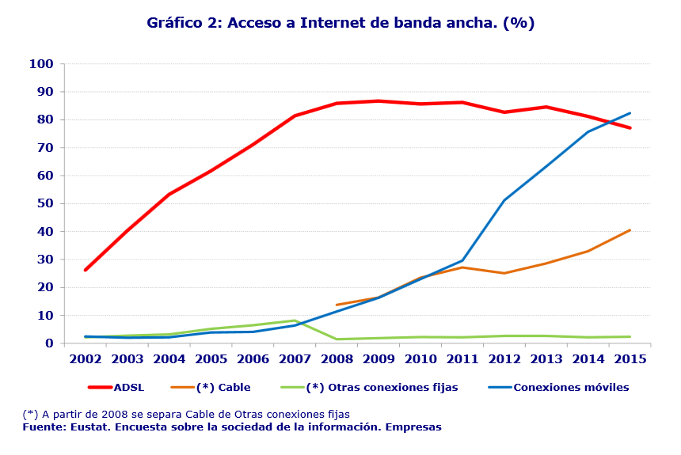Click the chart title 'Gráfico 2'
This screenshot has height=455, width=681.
tap(340, 23)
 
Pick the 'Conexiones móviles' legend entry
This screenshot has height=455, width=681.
tap(570, 388)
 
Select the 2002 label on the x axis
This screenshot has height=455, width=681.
tap(86, 358)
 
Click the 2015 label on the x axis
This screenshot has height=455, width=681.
tap(630, 358)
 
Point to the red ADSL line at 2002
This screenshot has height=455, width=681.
tap(86, 270)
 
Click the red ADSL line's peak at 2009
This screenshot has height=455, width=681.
tap(379, 101)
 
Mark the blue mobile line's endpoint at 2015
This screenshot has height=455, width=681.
tap(630, 113)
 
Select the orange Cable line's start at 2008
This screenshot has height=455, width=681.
tap(337, 305)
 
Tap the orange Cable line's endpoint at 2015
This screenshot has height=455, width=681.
tap(630, 230)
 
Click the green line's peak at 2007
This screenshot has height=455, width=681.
tap(295, 320)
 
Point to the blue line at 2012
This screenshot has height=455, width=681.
tap(504, 200)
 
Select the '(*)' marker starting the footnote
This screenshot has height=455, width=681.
tap(30, 415)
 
